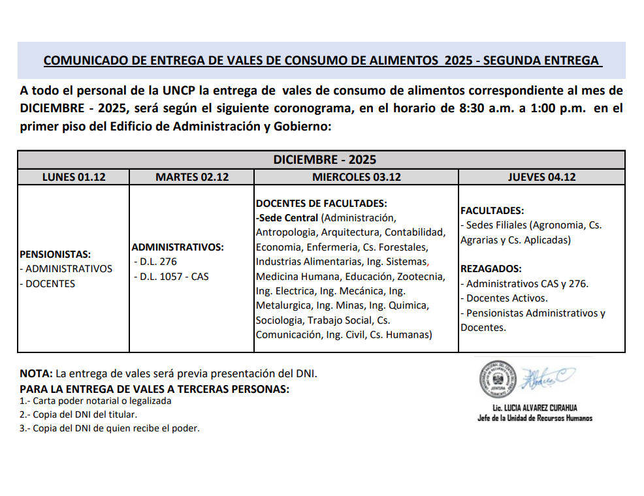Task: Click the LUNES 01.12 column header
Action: click(74, 177)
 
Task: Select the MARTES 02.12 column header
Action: click(192, 177)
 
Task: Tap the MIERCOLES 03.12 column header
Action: click(356, 177)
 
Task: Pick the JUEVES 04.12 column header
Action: click(541, 177)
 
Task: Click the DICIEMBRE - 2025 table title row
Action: click(321, 160)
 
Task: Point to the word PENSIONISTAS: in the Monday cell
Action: click(56, 255)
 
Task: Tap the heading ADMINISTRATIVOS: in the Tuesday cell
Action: click(178, 247)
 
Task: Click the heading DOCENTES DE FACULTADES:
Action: click(321, 204)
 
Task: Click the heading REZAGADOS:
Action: click(491, 269)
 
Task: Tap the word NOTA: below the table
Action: click(37, 375)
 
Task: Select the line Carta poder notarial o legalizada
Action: click(96, 401)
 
